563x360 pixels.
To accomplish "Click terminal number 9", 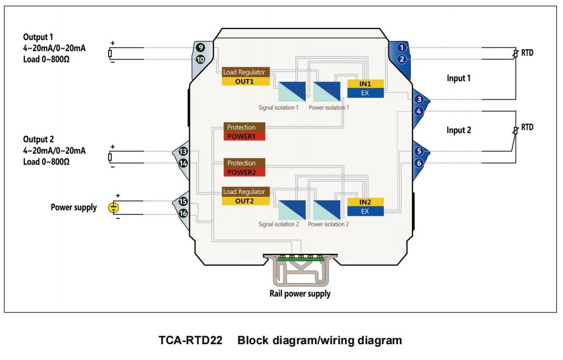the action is click(x=200, y=47).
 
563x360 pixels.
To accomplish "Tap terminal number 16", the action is click(x=183, y=214).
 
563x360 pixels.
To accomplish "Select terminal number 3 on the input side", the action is click(x=419, y=100).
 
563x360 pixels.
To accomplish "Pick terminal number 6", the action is click(x=419, y=163).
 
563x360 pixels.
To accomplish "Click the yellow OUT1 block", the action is click(x=246, y=81).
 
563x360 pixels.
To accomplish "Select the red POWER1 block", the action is click(x=244, y=137).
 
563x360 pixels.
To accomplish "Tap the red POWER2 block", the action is click(x=244, y=172).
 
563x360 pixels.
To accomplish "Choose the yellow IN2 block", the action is click(x=365, y=202).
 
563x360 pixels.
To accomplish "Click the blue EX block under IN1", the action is click(x=365, y=93).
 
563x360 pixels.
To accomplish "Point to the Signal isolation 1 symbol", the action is click(x=292, y=92).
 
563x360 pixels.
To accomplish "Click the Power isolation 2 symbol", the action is click(x=327, y=210).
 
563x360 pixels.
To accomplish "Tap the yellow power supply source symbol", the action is click(x=113, y=208).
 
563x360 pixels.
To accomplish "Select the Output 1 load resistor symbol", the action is click(x=110, y=53).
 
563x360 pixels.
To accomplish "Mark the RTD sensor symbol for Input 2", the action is click(x=516, y=131).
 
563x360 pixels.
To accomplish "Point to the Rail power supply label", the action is click(x=300, y=294).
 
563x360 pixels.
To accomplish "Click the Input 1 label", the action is click(x=459, y=78).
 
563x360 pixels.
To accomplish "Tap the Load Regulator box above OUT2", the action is click(x=246, y=192).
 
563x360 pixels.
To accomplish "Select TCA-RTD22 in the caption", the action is click(x=190, y=340).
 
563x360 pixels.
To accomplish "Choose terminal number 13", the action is click(x=183, y=151).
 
